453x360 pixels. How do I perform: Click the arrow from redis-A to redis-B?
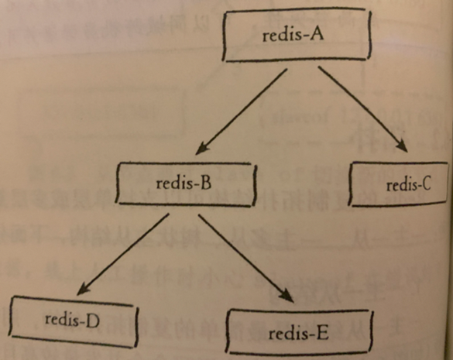pyautogui.click(x=242, y=111)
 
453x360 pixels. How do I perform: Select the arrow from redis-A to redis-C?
pyautogui.click(x=363, y=109)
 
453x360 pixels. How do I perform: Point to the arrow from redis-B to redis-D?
pyautogui.click(x=123, y=254)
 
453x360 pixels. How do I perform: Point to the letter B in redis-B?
pyautogui.click(x=206, y=183)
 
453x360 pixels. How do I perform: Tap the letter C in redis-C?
pyautogui.click(x=426, y=183)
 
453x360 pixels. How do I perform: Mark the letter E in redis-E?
pyautogui.click(x=322, y=333)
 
